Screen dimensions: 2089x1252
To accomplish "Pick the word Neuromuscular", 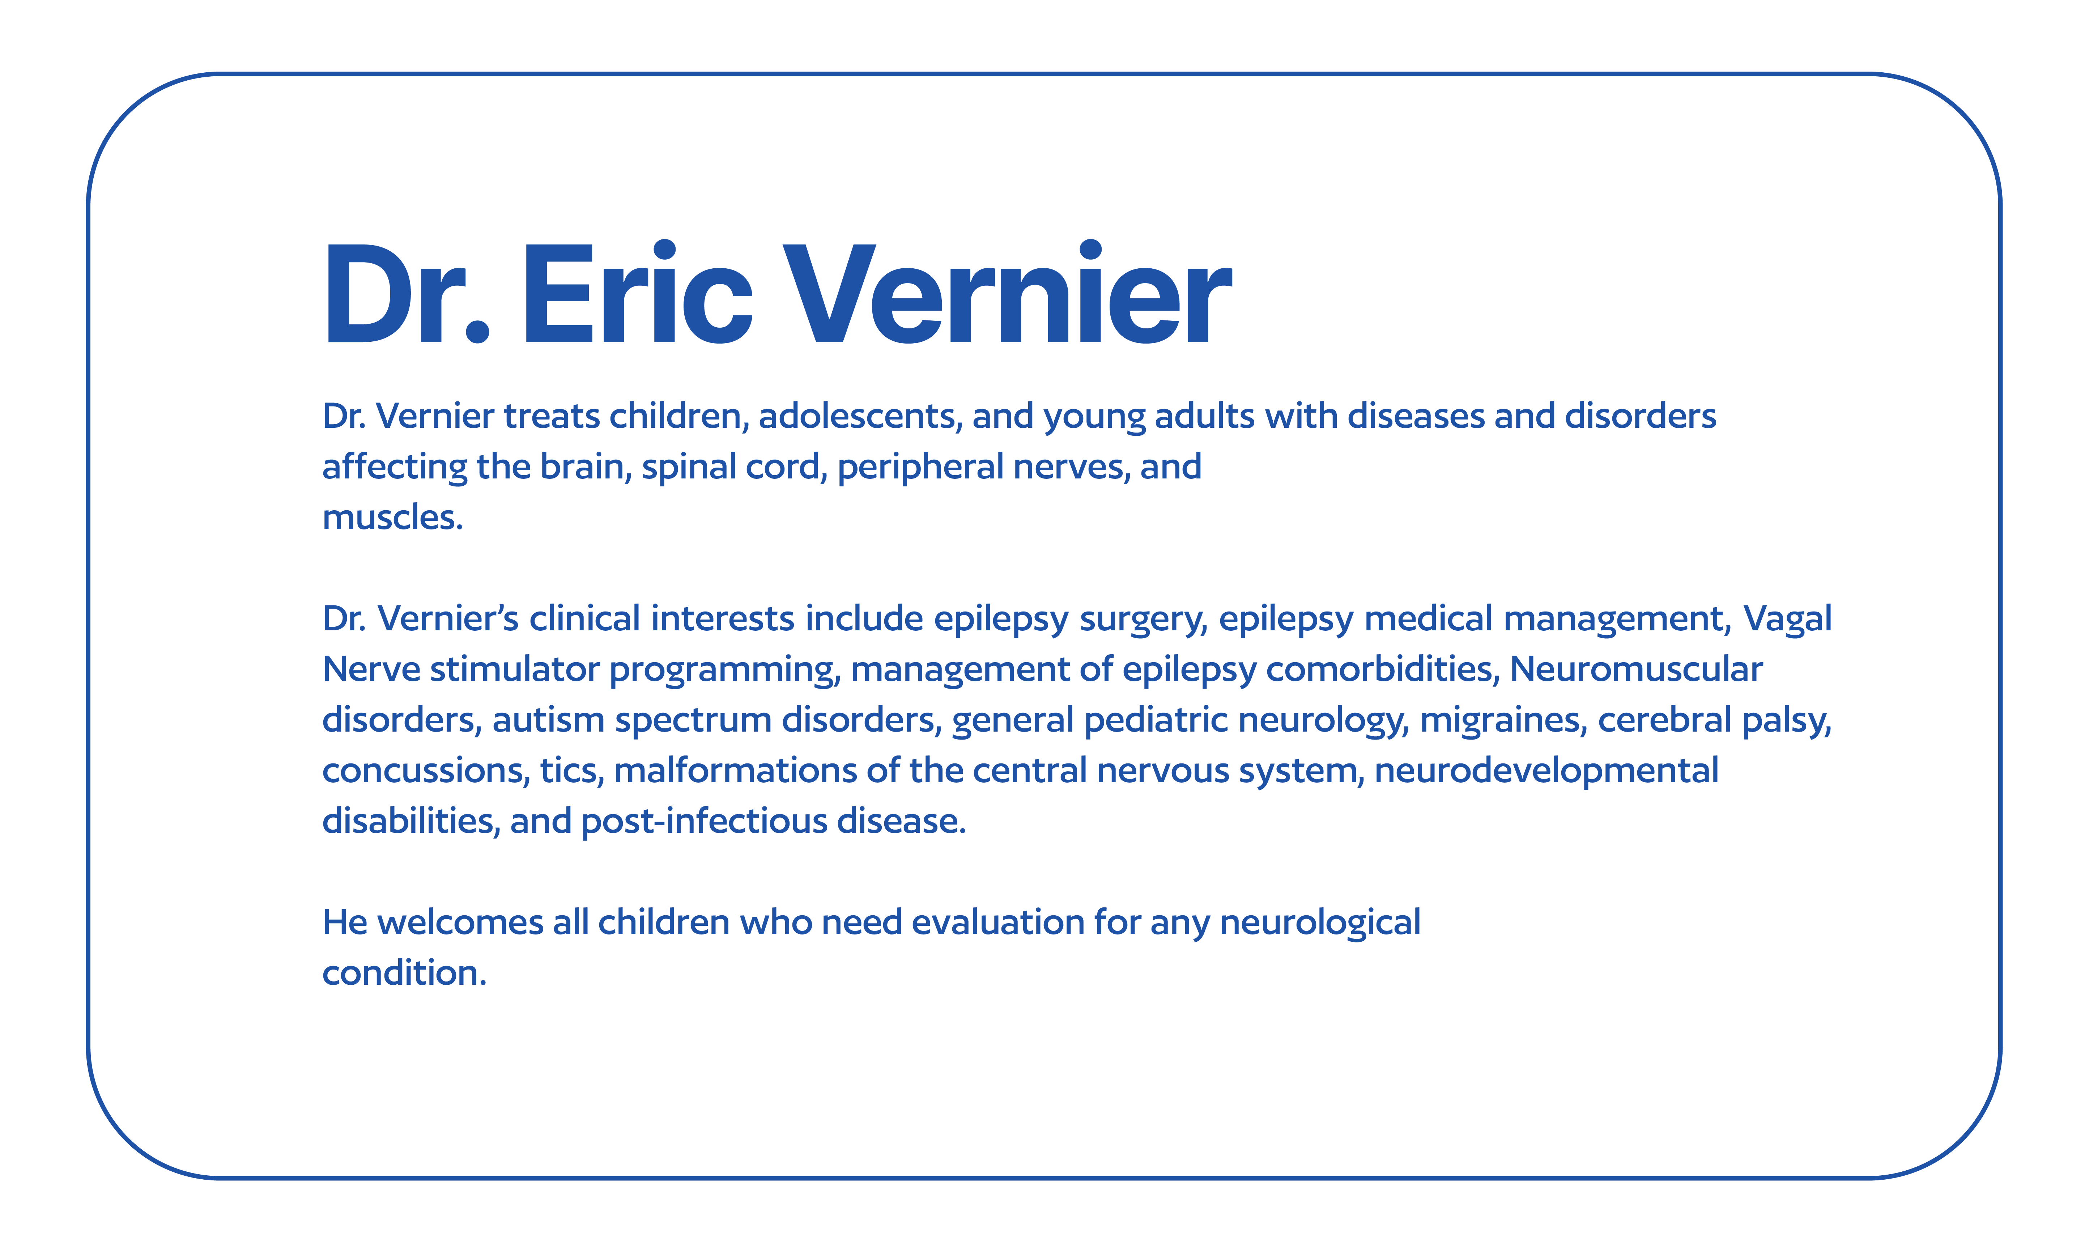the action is [x=1636, y=669].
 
